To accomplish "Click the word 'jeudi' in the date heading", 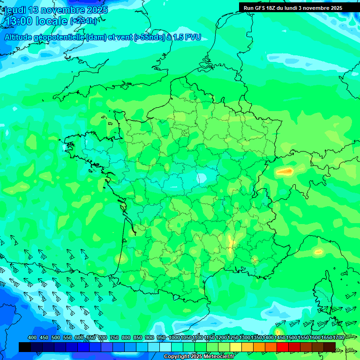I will tap(15, 10).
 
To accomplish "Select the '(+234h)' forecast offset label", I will tap(83, 21).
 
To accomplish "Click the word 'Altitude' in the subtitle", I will tap(21, 37).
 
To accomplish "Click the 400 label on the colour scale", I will tap(32, 338).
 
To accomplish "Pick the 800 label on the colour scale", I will tap(126, 338).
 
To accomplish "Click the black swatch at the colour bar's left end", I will tap(24, 347).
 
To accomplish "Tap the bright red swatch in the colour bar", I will tap(282, 347).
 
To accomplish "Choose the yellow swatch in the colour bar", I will tap(235, 347).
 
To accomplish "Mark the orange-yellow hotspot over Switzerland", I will tap(285, 172).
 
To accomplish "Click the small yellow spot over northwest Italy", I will tap(318, 252).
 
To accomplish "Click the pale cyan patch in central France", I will tap(202, 178).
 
